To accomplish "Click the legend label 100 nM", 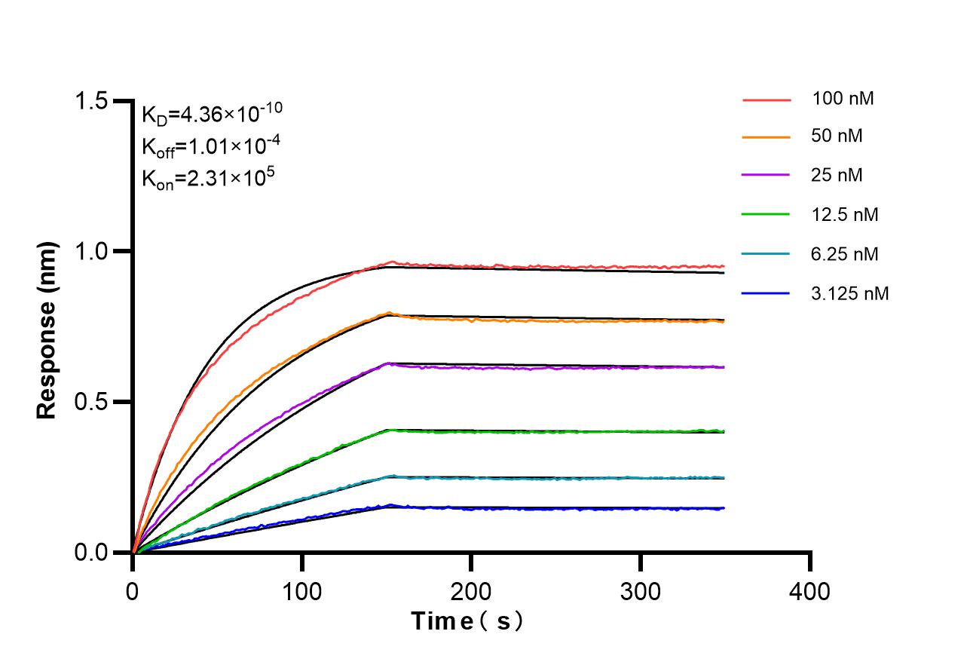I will (x=843, y=98).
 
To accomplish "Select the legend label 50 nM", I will (x=837, y=136).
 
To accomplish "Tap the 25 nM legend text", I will (x=837, y=176).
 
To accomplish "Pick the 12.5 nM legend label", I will (x=845, y=215).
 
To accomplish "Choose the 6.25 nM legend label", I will (x=845, y=254).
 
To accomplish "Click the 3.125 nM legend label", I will (x=850, y=293).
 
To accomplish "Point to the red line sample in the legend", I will (x=766, y=99).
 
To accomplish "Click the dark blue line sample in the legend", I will (x=766, y=293).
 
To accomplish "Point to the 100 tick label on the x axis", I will (x=302, y=590).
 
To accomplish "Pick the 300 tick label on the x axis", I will (x=641, y=590).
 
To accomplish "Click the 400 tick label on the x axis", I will (x=809, y=590).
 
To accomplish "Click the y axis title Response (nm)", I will (x=47, y=330).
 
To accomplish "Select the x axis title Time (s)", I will (x=468, y=622).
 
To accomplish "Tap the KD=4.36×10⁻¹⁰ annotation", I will (x=212, y=114).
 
